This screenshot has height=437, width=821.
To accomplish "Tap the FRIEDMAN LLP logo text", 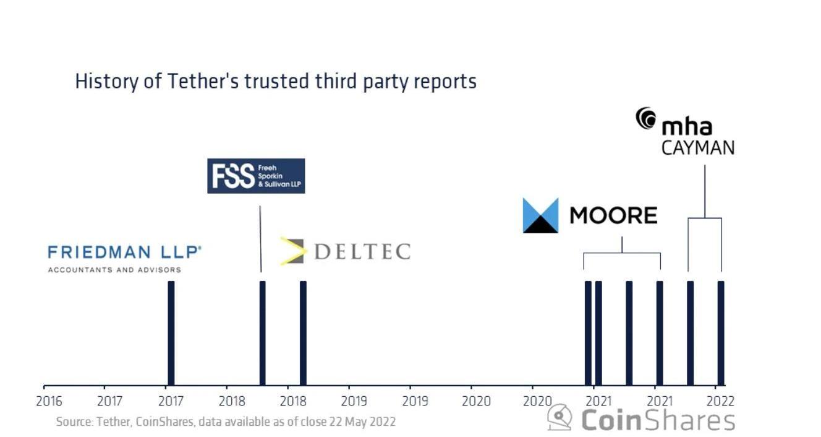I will tap(124, 252).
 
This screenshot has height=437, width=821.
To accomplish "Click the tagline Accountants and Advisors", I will tap(115, 270).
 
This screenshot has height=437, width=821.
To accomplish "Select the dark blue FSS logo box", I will tap(256, 176).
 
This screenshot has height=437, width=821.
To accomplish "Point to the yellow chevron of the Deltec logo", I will tap(292, 251).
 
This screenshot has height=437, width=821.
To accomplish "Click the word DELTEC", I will tap(362, 251).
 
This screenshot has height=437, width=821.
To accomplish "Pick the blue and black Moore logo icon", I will tap(540, 215).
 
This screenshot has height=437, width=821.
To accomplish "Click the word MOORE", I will tap(613, 215).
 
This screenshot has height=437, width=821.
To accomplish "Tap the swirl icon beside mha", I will tap(646, 119).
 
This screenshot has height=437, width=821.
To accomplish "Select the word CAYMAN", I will tap(698, 148).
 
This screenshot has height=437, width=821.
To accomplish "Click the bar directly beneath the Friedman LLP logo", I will tap(171, 333).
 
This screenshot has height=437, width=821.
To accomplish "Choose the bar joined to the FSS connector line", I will tap(262, 333).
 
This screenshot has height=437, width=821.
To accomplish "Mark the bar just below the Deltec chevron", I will tap(303, 333).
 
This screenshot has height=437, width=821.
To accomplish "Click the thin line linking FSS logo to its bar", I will tap(260, 238).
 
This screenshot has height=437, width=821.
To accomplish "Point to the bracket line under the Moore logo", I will tap(622, 253).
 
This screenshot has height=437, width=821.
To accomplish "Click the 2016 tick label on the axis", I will tap(49, 401).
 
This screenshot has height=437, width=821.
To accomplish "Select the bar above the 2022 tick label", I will tap(721, 333).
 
